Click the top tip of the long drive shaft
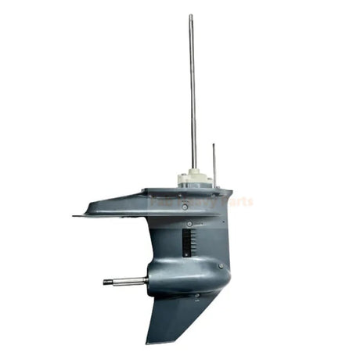190,16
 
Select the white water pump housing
193,179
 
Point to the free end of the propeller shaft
106,282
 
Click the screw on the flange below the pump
184,207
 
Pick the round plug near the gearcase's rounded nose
221,266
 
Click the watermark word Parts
236,201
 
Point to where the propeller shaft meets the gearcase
146,281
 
